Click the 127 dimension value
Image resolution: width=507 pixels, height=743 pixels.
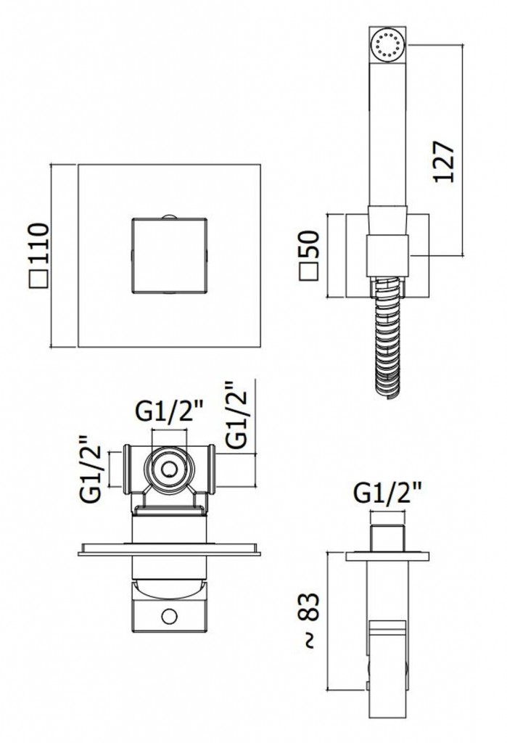443,160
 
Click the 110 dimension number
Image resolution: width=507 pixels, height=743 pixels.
38,244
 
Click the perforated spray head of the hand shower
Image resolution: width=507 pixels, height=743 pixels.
387,46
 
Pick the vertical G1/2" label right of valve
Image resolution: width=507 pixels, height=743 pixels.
236,414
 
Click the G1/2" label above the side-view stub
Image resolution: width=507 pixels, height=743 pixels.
387,495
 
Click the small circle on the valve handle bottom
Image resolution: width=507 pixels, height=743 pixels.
169,617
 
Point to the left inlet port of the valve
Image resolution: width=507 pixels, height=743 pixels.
128,469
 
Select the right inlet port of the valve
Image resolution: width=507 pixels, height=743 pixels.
211,469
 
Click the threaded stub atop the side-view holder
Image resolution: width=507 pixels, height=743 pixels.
387,539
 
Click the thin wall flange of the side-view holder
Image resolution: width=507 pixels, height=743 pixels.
387,557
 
